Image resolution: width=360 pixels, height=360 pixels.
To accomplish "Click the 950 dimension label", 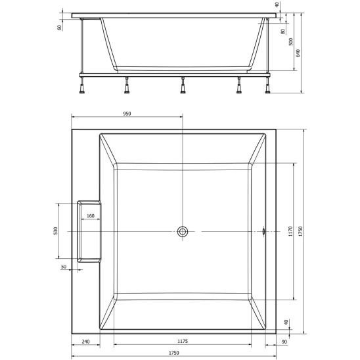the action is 127,114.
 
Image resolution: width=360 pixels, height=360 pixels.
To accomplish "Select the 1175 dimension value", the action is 183,341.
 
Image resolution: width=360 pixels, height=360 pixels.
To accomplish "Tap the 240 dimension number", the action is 85,342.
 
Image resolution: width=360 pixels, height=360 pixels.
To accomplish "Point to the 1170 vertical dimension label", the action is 290,231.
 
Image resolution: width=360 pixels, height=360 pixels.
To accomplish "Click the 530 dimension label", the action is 55,231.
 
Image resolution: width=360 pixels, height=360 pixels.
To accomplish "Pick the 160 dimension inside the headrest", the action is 91,216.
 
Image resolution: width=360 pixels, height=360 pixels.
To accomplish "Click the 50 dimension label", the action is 64,267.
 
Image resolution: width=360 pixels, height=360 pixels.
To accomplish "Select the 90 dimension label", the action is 284,342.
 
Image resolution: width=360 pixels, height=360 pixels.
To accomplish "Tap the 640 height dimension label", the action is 298,53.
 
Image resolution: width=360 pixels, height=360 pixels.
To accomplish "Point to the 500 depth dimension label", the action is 291,42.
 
